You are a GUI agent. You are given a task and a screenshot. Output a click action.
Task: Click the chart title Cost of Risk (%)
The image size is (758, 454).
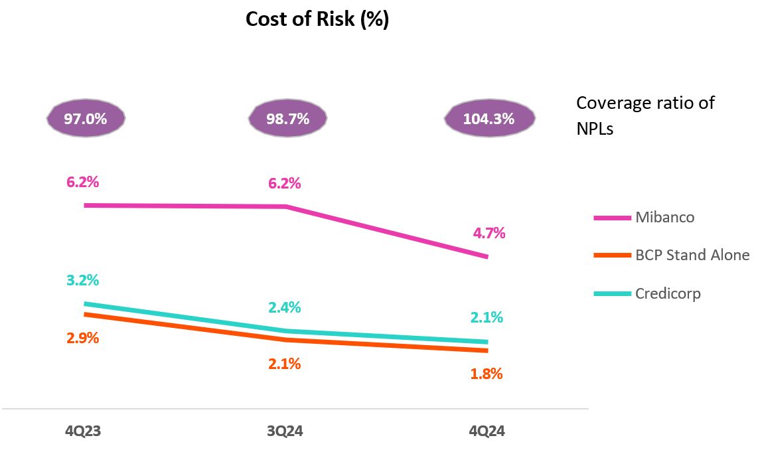[x=317, y=19]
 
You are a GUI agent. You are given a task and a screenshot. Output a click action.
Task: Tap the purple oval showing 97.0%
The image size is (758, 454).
[x=85, y=119]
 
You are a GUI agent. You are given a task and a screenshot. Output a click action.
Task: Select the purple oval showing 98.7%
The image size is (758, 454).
[x=287, y=119]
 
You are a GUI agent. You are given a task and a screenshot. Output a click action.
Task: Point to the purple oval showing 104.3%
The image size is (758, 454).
[x=489, y=119]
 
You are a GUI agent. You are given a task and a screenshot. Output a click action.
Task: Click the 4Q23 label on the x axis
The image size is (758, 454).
[x=83, y=431]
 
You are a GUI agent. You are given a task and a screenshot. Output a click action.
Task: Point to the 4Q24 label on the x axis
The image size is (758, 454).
[x=487, y=431]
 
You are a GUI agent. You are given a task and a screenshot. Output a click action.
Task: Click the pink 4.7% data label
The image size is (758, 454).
[x=489, y=233]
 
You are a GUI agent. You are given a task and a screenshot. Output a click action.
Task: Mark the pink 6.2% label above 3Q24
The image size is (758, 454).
[x=284, y=183]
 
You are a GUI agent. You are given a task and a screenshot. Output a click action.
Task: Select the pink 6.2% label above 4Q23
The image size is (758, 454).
[x=82, y=181]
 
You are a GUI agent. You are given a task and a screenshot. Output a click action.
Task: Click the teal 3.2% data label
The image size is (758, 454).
[x=82, y=280]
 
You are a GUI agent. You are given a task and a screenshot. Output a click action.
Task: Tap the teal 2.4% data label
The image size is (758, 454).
[x=284, y=307]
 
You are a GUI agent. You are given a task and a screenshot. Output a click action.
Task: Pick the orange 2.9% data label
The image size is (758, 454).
[x=82, y=338]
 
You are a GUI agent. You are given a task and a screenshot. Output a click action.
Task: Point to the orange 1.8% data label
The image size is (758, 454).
[x=486, y=374]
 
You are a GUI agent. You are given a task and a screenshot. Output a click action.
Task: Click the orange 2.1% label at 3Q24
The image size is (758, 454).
[x=284, y=364]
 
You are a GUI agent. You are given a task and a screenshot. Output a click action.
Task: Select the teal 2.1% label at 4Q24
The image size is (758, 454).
[x=486, y=317]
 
